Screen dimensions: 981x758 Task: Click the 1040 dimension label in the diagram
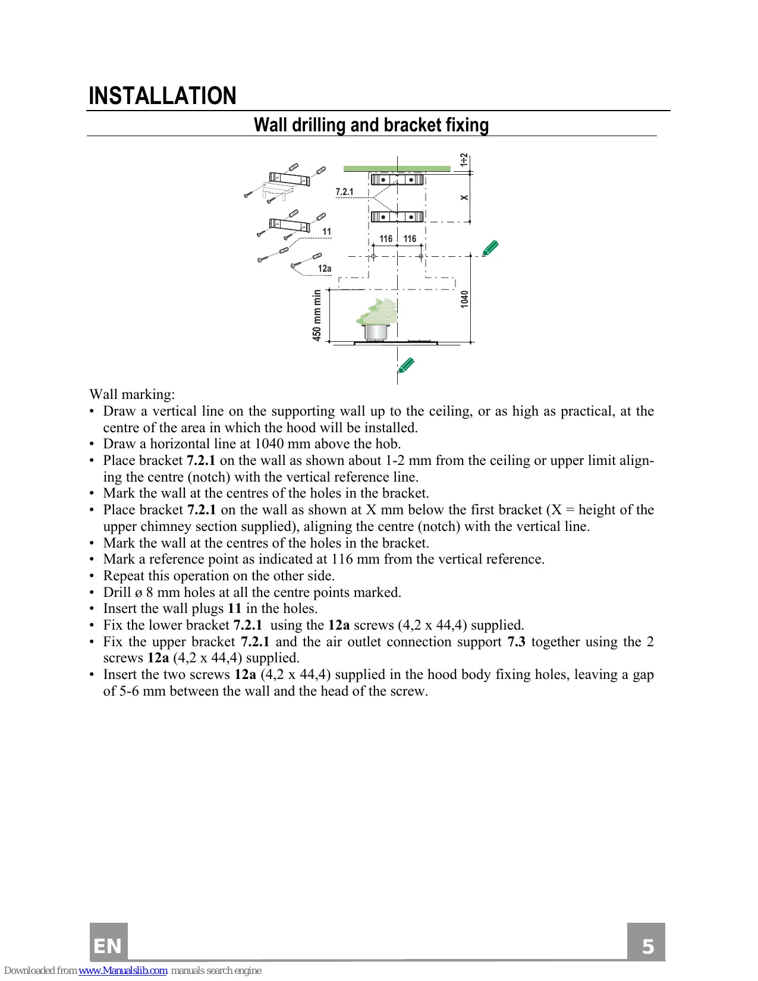pos(464,299)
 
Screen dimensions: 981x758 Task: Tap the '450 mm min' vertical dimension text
pos(317,315)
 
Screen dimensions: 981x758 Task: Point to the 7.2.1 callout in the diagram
pos(344,191)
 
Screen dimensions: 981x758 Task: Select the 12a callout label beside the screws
pos(325,269)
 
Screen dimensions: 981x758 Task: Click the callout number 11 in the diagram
pos(326,232)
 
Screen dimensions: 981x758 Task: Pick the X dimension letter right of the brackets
pos(464,198)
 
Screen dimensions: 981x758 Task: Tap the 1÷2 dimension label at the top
pos(464,160)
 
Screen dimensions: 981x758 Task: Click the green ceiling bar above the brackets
pos(397,169)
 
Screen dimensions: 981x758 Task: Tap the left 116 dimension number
pos(386,239)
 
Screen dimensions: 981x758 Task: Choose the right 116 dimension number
pos(410,239)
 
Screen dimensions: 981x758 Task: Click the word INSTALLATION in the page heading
pos(162,96)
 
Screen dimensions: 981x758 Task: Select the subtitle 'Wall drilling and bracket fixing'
pos(372,125)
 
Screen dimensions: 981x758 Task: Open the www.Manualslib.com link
pos(123,970)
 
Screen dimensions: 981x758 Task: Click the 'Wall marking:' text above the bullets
pos(132,395)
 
